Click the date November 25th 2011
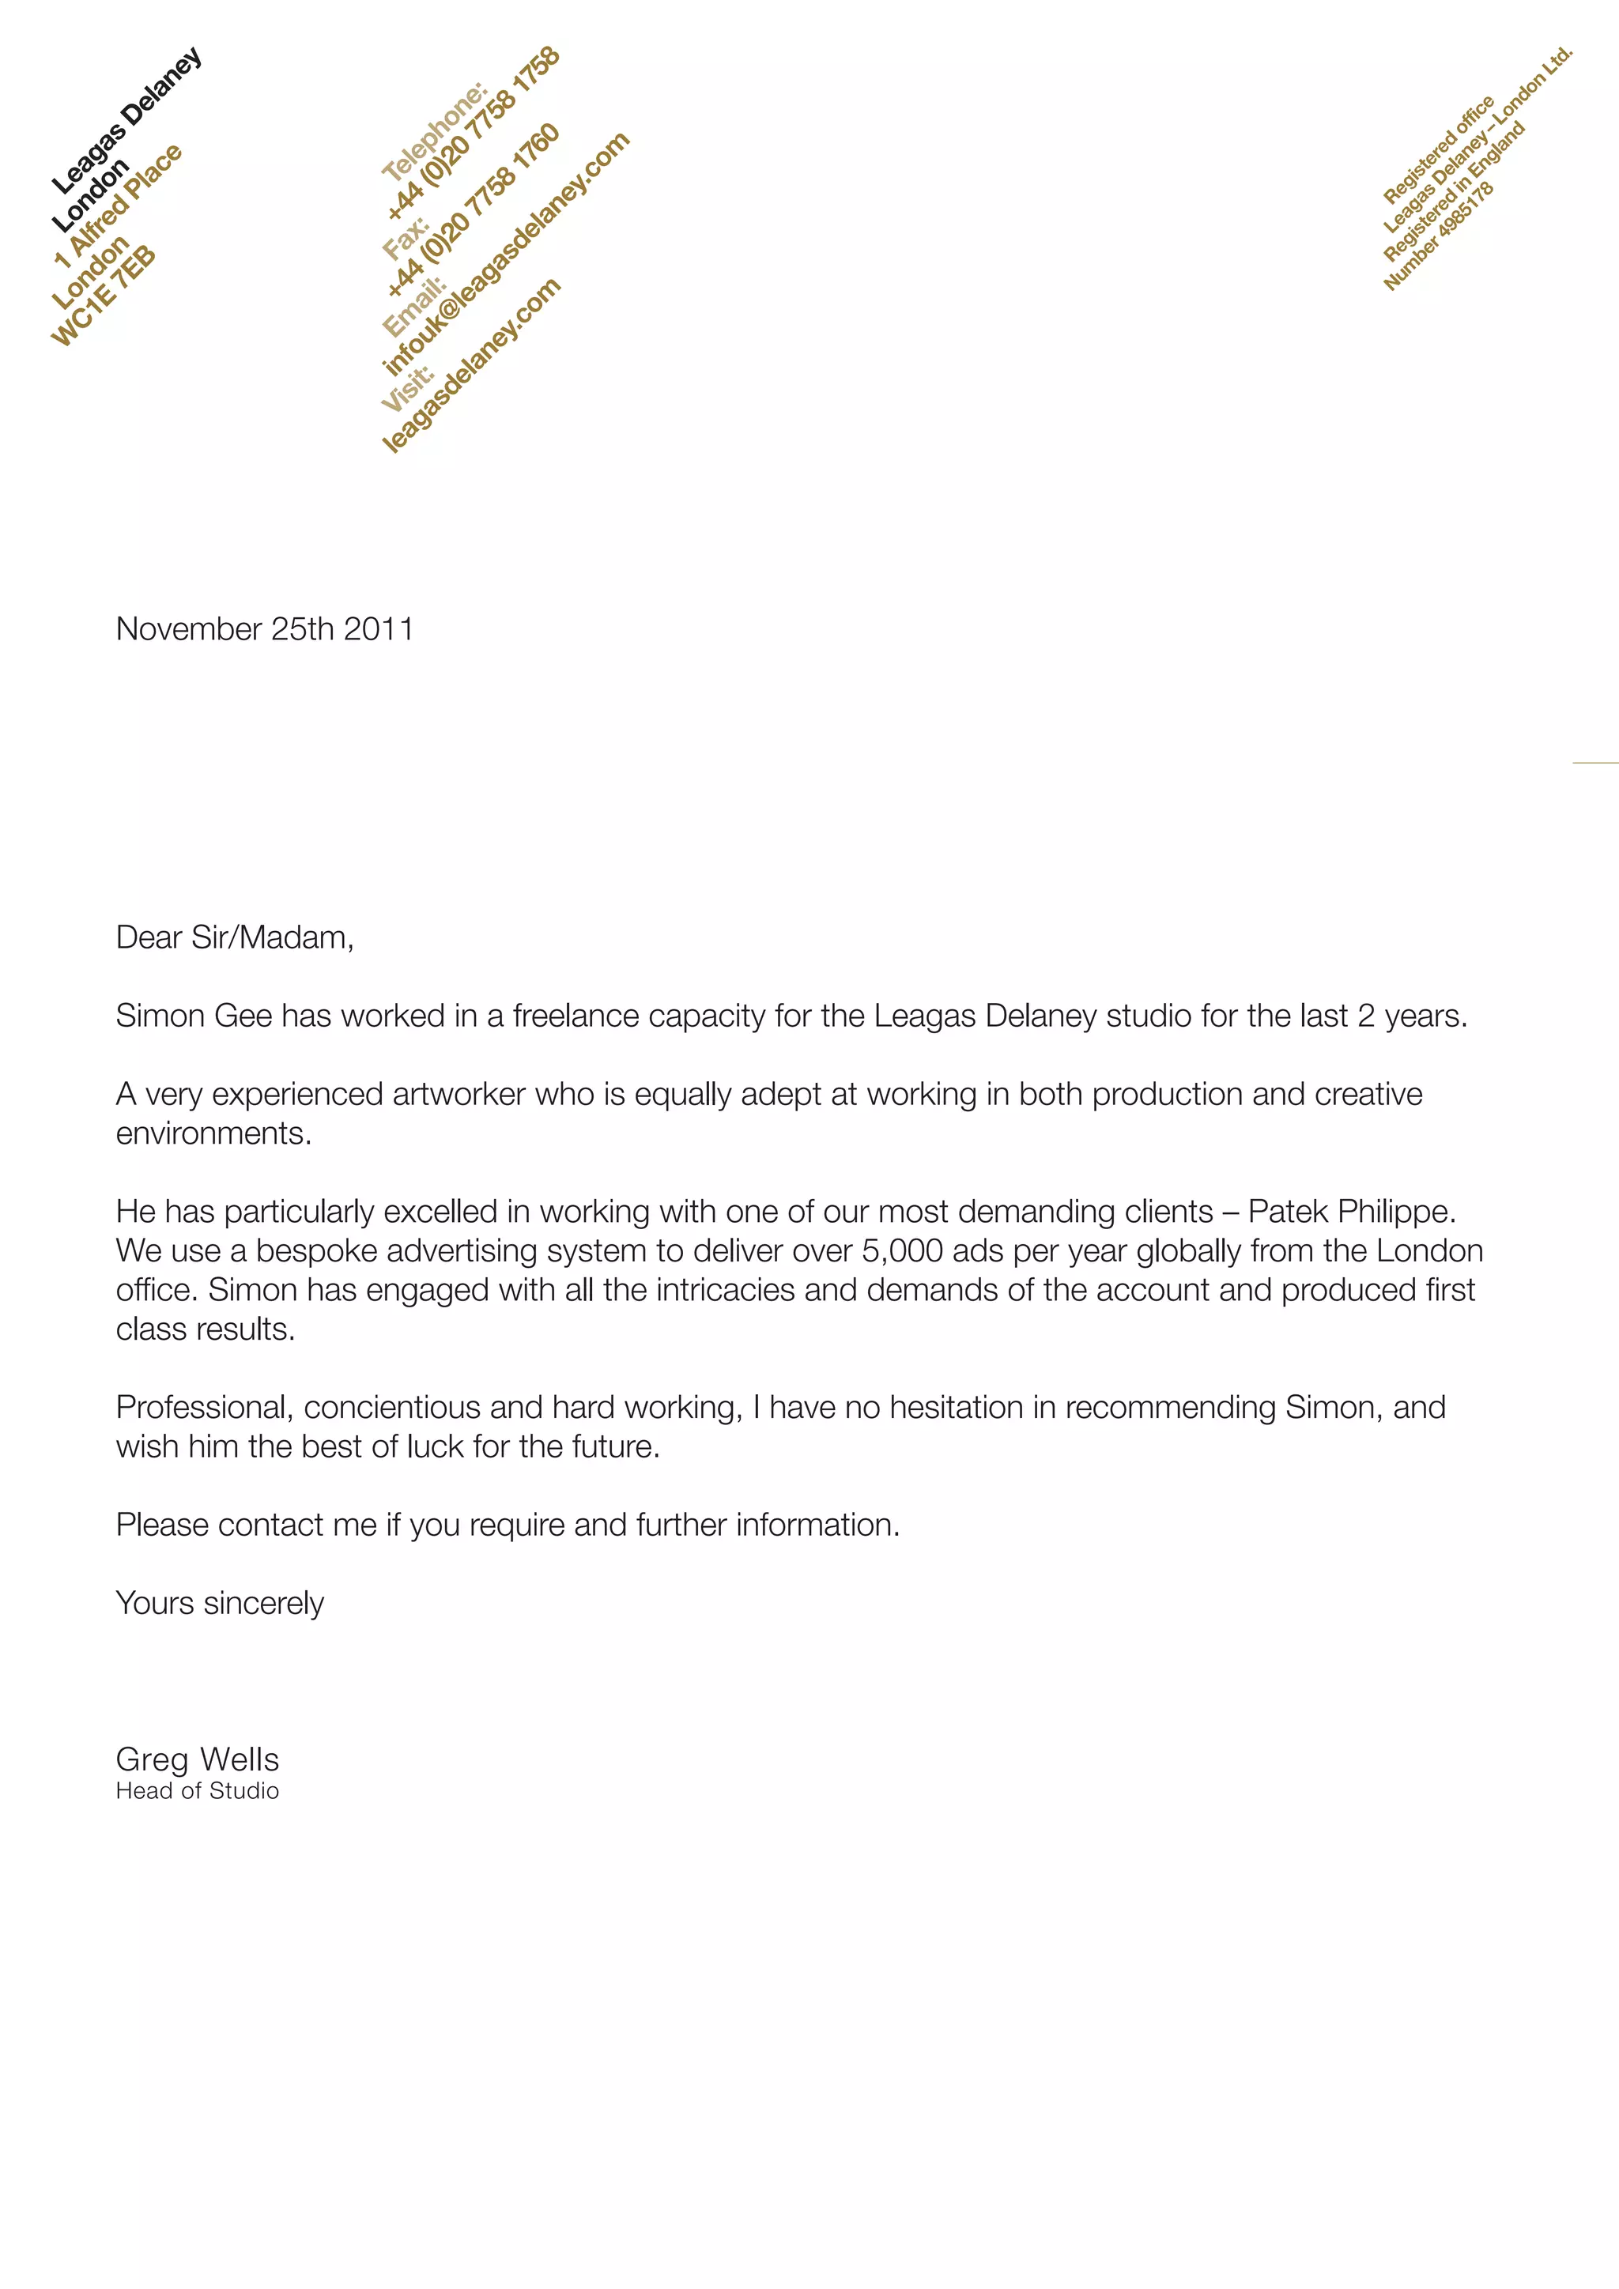[264, 629]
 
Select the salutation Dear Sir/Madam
[234, 937]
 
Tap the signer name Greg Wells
[198, 1759]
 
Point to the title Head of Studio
[198, 1790]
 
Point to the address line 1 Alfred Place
[119, 206]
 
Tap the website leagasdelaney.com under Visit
[471, 365]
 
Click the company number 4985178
[1439, 237]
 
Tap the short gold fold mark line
[1595, 763]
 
